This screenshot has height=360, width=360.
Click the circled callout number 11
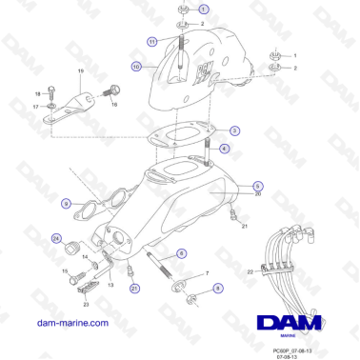[152, 42]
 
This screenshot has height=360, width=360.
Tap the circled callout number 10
[136, 67]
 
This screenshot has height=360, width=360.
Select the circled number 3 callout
[234, 130]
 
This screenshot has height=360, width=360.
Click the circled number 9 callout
[66, 203]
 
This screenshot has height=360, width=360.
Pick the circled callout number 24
[56, 238]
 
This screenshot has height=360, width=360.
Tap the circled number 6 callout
[181, 254]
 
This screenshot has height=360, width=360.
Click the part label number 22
[250, 271]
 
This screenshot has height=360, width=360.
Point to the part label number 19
[80, 72]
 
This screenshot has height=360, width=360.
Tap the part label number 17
[36, 107]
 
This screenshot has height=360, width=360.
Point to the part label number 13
[110, 285]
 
